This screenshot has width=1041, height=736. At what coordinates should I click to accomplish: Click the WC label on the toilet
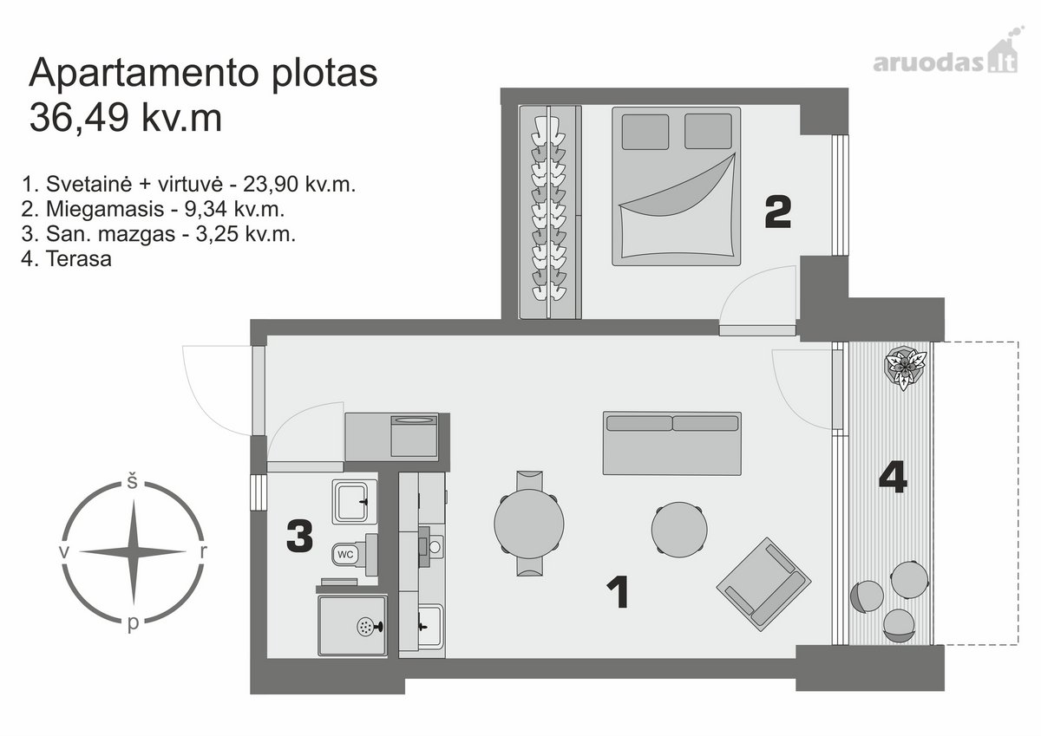point(345,555)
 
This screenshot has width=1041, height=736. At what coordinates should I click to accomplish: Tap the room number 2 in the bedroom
point(778,212)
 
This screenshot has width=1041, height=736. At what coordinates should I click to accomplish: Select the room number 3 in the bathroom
point(300,537)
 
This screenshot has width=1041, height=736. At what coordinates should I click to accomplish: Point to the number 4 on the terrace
point(894,477)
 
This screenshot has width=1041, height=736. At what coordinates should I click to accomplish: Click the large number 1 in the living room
point(619,591)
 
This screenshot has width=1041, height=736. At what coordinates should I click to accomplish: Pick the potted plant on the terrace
point(905,367)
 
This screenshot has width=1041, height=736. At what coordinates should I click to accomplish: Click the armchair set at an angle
point(763,583)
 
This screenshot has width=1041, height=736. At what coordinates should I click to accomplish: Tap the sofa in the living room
point(672,443)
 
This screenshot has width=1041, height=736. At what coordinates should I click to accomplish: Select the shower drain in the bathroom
point(365,627)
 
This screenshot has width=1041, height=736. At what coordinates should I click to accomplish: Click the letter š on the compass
point(133,481)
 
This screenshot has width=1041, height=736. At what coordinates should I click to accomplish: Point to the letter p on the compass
point(133,624)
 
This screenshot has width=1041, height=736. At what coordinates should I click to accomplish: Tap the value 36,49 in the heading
point(79,118)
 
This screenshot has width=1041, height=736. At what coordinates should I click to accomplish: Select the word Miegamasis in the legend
point(105,210)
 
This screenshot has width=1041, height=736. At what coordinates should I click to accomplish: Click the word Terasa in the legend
point(79,258)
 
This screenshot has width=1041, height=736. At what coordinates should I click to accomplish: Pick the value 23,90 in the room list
point(271,185)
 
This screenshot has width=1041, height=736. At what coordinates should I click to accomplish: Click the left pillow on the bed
point(645,132)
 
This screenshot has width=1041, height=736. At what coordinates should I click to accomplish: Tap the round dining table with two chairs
point(529,524)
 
